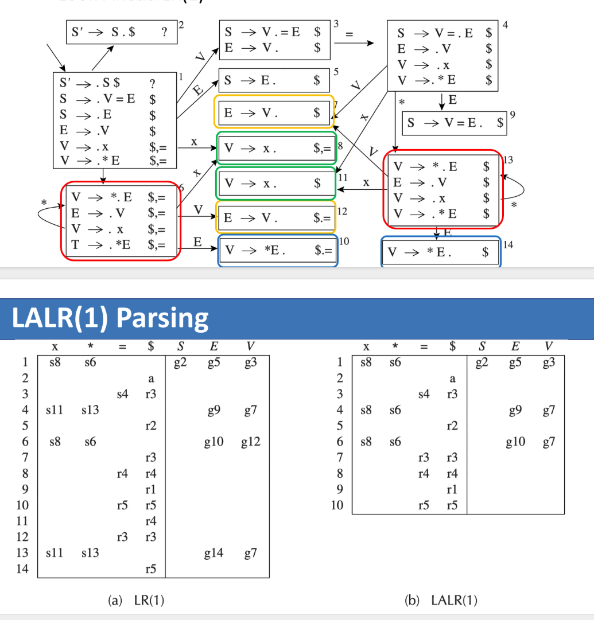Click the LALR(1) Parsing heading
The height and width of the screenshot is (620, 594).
[110, 318]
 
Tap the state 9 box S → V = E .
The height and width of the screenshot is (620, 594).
[454, 123]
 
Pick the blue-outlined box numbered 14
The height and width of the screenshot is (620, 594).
[440, 252]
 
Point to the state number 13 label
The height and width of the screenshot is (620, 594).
[508, 159]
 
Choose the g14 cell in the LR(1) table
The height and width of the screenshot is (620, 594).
[213, 553]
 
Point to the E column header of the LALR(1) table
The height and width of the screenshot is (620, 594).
[515, 346]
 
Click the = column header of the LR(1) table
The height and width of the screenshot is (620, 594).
[122, 347]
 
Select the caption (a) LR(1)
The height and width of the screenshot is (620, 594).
[135, 600]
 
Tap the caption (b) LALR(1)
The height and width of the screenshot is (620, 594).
[441, 600]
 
